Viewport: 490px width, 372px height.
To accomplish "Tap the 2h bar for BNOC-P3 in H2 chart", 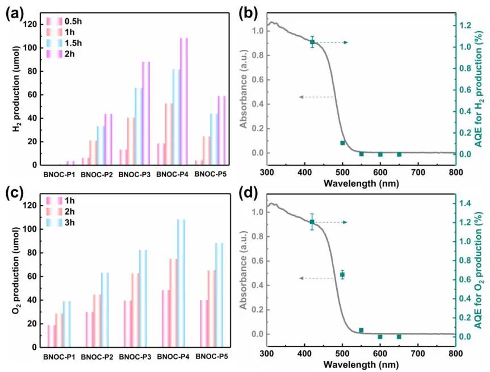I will click(x=146, y=113).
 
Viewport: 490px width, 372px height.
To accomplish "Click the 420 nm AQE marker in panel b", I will click(x=312, y=42).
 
